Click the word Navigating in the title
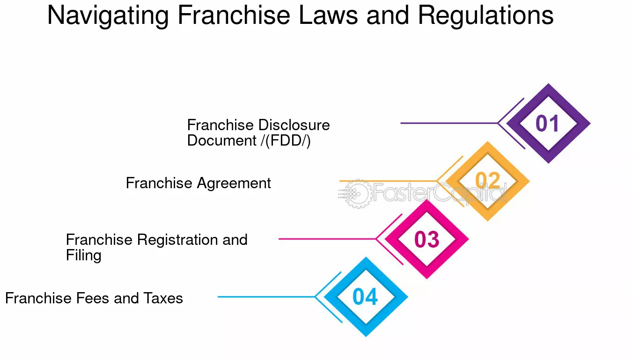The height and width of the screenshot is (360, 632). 108,16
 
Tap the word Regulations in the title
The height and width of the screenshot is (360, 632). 485,16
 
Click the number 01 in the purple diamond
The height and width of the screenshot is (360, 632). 547,124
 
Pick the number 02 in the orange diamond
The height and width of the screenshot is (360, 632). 487,181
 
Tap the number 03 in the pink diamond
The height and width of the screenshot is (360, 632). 426,239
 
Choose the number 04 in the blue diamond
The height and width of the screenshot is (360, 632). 365,297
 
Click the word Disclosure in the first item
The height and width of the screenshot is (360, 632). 294,125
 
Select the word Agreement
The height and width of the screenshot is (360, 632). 234,184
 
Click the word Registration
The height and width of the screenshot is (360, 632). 177,240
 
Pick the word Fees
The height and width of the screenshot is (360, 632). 93,299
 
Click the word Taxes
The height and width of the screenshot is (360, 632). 163,299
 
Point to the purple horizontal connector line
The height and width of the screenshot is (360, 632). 449,123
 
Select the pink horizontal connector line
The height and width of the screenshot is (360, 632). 327,239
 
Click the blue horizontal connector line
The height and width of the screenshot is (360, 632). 266,297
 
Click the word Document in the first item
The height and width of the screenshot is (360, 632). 222,141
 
